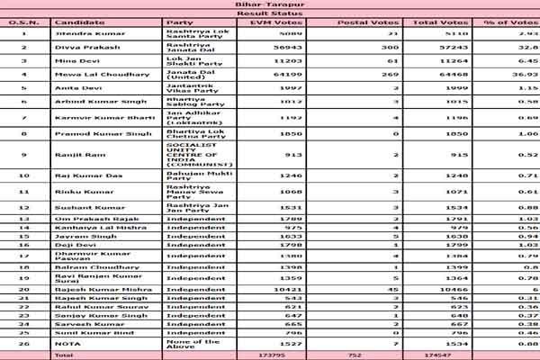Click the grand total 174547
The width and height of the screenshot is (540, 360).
(x=446, y=356)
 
